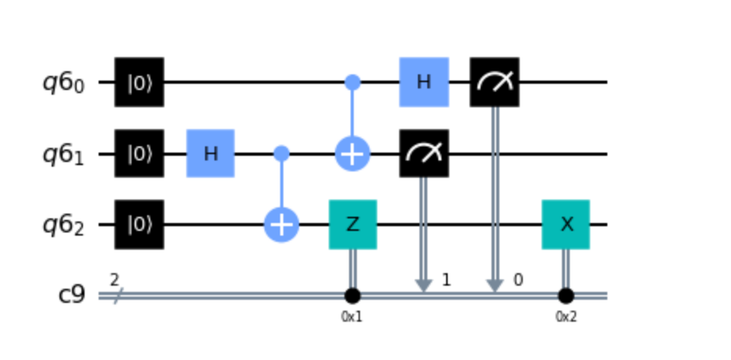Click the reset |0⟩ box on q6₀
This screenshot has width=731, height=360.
pos(139,81)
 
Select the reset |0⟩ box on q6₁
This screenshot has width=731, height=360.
pos(139,153)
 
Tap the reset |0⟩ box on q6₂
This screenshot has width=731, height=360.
pos(139,225)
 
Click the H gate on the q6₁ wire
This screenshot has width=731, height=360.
pos(211,153)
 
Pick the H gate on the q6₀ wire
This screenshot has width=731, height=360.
pos(423,81)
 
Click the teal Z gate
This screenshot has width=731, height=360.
pos(352,225)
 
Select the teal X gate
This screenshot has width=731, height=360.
pos(565,225)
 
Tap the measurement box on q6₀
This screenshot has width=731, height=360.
pos(494,81)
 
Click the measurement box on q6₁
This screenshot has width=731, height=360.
pos(423,153)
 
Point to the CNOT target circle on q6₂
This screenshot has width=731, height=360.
pos(281,225)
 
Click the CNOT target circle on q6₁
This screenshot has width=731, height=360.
pos(352,154)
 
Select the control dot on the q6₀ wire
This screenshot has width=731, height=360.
pos(352,81)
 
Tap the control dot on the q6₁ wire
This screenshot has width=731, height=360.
pos(281,153)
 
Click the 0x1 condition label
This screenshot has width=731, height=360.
pos(352,318)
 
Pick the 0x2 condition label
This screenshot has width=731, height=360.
pos(565,318)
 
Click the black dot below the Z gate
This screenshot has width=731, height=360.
pos(352,297)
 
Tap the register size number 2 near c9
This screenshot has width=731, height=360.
pos(114,280)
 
